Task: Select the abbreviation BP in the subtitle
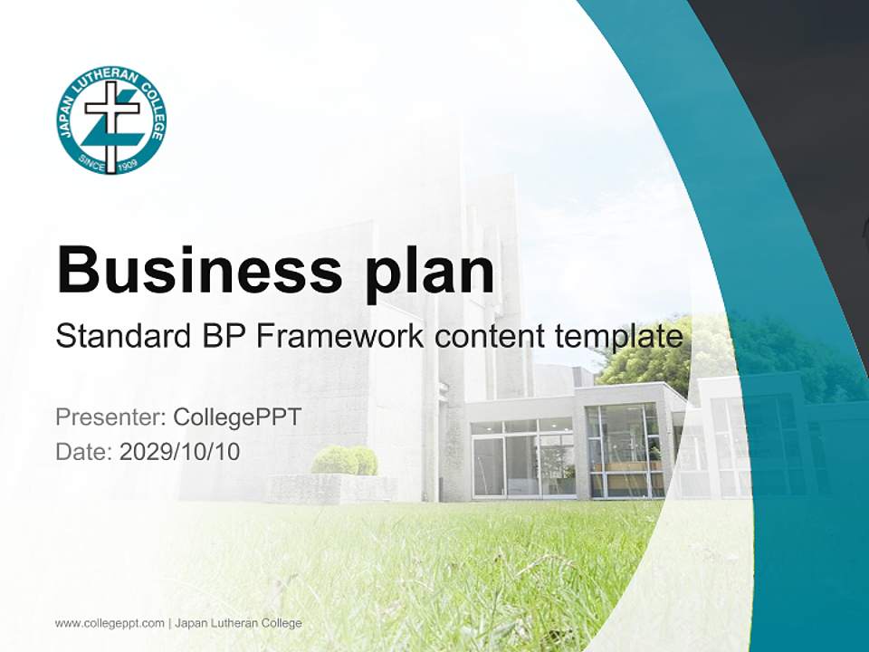point(222,336)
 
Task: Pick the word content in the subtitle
point(490,337)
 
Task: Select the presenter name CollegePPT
point(236,417)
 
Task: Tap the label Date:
point(84,451)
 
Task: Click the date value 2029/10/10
point(180,451)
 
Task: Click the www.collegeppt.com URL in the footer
point(110,623)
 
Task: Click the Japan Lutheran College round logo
point(111,120)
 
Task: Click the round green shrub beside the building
point(344,460)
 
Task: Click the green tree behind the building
point(652,349)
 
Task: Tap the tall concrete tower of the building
point(484,272)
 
